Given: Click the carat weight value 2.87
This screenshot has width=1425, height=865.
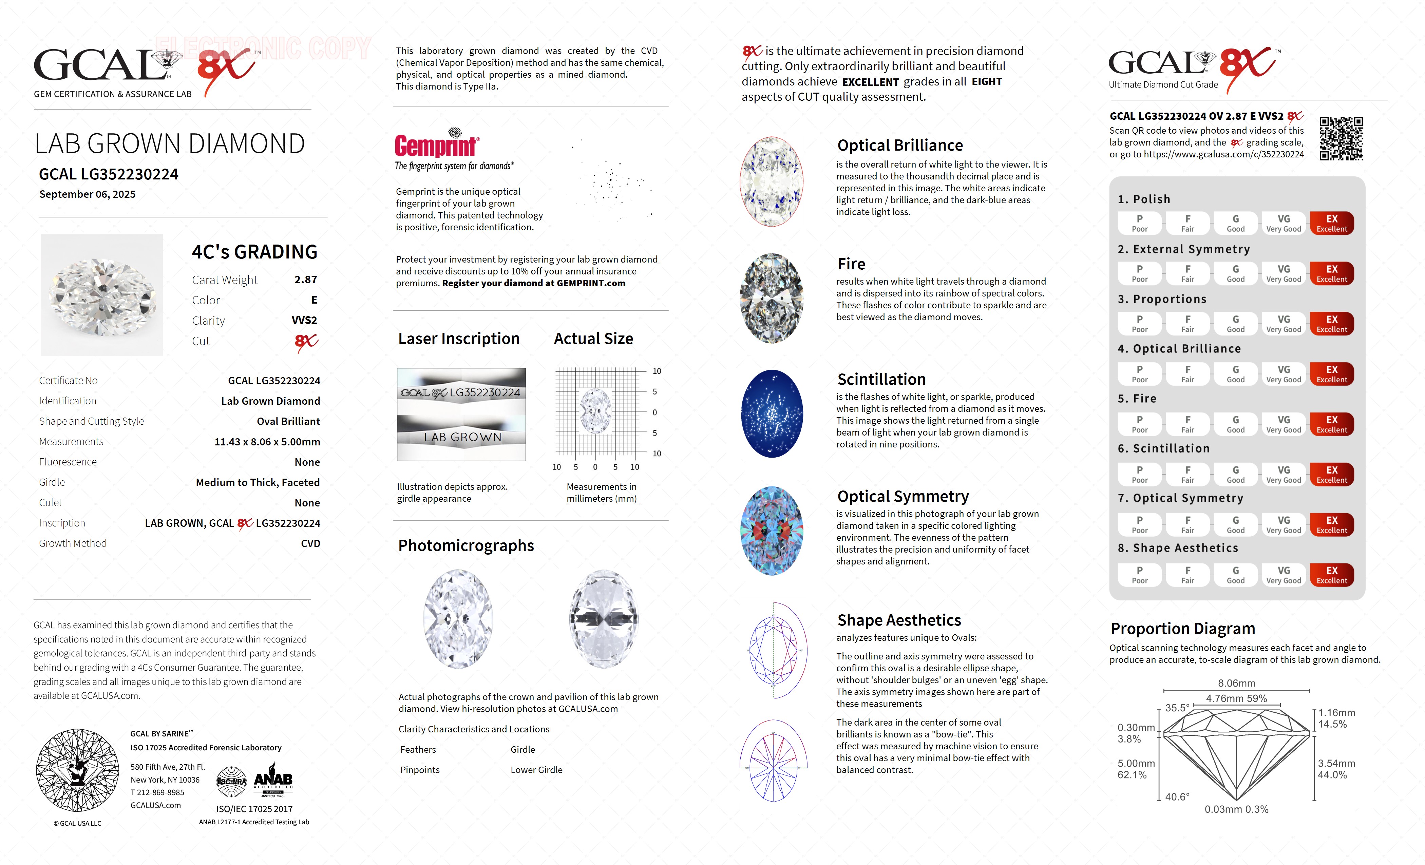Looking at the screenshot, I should coord(305,280).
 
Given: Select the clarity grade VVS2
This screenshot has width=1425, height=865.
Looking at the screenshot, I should coord(304,320).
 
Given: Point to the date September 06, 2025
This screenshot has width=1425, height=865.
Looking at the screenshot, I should coord(87,194).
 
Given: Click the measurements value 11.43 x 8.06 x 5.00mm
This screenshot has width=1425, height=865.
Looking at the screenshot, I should coord(267,442).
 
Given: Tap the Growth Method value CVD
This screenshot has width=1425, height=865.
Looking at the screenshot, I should coord(310,543).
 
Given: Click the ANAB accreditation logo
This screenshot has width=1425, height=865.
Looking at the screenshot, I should coord(273,781).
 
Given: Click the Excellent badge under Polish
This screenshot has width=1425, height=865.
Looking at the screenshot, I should coord(1331,223).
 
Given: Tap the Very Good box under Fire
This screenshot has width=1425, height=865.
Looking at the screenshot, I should coord(1283,424).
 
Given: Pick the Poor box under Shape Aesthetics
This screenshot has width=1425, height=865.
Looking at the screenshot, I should coord(1139,575).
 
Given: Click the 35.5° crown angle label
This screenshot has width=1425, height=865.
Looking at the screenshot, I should coord(1177,708).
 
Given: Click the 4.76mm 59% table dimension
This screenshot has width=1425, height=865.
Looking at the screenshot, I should coord(1236,698).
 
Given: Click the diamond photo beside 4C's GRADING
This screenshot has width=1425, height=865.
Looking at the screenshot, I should coord(102,295).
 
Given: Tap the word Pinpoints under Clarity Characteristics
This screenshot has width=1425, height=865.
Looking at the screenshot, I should coord(420,770).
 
